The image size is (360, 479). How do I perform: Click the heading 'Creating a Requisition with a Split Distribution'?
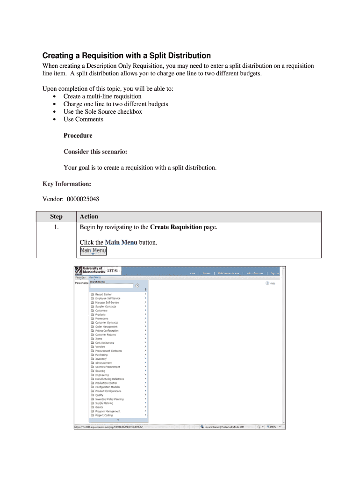pos(126,55)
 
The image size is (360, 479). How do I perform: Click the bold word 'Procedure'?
pos(78,136)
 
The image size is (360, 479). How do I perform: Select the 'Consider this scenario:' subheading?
pos(95,152)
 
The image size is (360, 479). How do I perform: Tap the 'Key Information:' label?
pos(67,184)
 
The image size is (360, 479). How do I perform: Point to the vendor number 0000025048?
pos(83,199)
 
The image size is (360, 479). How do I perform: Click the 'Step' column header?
pos(56,217)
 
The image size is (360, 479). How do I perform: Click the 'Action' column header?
pos(89,217)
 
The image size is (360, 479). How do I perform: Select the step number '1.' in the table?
pos(56,227)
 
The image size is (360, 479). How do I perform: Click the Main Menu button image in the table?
pos(93,251)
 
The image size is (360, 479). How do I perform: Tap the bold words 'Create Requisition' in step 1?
pos(176,227)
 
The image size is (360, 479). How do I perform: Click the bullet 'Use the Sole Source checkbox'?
pos(102,111)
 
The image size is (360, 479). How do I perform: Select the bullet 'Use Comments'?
pos(83,119)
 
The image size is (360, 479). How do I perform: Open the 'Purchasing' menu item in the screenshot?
pos(101,355)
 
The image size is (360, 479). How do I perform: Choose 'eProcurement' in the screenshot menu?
pos(103,363)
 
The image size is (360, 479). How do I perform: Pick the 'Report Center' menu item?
pos(103,294)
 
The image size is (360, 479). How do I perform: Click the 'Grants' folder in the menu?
pos(99,407)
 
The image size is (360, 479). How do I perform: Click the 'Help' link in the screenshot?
pos(272,283)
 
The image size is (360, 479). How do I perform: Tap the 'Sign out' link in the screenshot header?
pos(274,273)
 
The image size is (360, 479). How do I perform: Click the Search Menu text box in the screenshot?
pos(111,285)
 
